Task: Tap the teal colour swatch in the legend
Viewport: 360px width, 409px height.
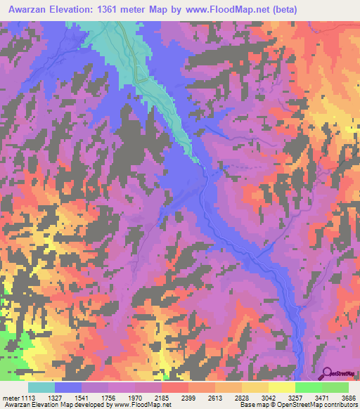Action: click(x=41, y=387)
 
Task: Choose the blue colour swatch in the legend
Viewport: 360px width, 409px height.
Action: click(x=68, y=387)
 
